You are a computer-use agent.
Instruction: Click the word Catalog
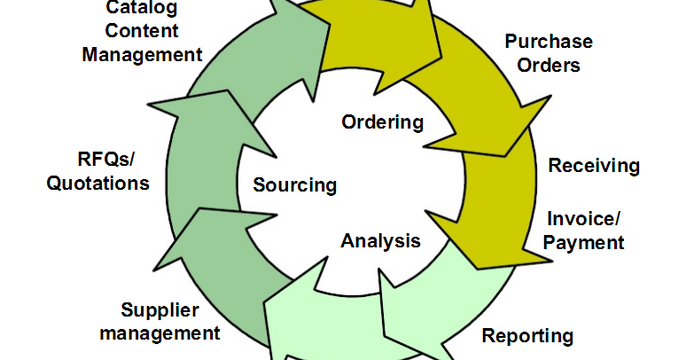pyautogui.click(x=141, y=9)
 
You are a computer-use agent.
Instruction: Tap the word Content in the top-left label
pyautogui.click(x=142, y=31)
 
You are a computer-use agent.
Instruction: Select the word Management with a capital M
pyautogui.click(x=142, y=54)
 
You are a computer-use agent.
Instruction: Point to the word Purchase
pyautogui.click(x=549, y=42)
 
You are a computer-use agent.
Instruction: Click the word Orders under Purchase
pyautogui.click(x=549, y=65)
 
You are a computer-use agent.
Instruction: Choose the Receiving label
pyautogui.click(x=594, y=166)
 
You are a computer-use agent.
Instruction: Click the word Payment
pyautogui.click(x=584, y=242)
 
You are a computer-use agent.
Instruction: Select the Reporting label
pyautogui.click(x=527, y=336)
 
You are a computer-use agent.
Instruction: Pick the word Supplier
pyautogui.click(x=160, y=310)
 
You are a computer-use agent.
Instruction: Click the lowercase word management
pyautogui.click(x=160, y=333)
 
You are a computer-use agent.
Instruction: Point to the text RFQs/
pyautogui.click(x=110, y=160)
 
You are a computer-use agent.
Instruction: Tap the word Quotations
pyautogui.click(x=97, y=184)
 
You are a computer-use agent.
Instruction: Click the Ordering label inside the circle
pyautogui.click(x=383, y=122)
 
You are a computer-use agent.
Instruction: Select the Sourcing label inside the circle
pyautogui.click(x=294, y=185)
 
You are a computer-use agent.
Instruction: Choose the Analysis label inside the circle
pyautogui.click(x=380, y=240)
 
